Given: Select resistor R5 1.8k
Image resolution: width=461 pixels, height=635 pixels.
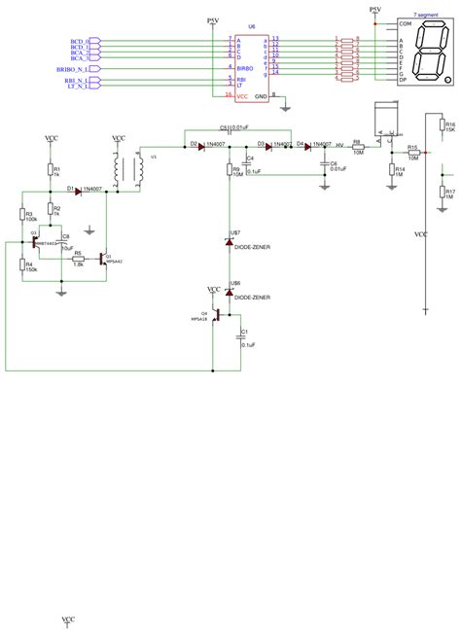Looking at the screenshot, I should [x=79, y=259].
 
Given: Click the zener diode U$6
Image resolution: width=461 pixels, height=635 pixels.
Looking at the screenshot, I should [x=229, y=291].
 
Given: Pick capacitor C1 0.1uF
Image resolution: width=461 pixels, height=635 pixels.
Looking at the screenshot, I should [x=237, y=336].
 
